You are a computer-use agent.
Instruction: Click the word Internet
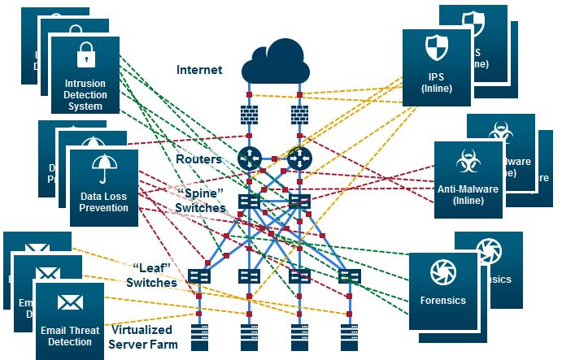coord(199,70)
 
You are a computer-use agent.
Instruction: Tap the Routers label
coord(198,159)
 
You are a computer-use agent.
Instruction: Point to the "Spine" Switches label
coord(200,202)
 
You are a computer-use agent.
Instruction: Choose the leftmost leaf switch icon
coord(199,276)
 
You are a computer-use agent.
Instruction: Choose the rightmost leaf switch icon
coord(349,276)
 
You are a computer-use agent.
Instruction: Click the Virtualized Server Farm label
coord(141,337)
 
